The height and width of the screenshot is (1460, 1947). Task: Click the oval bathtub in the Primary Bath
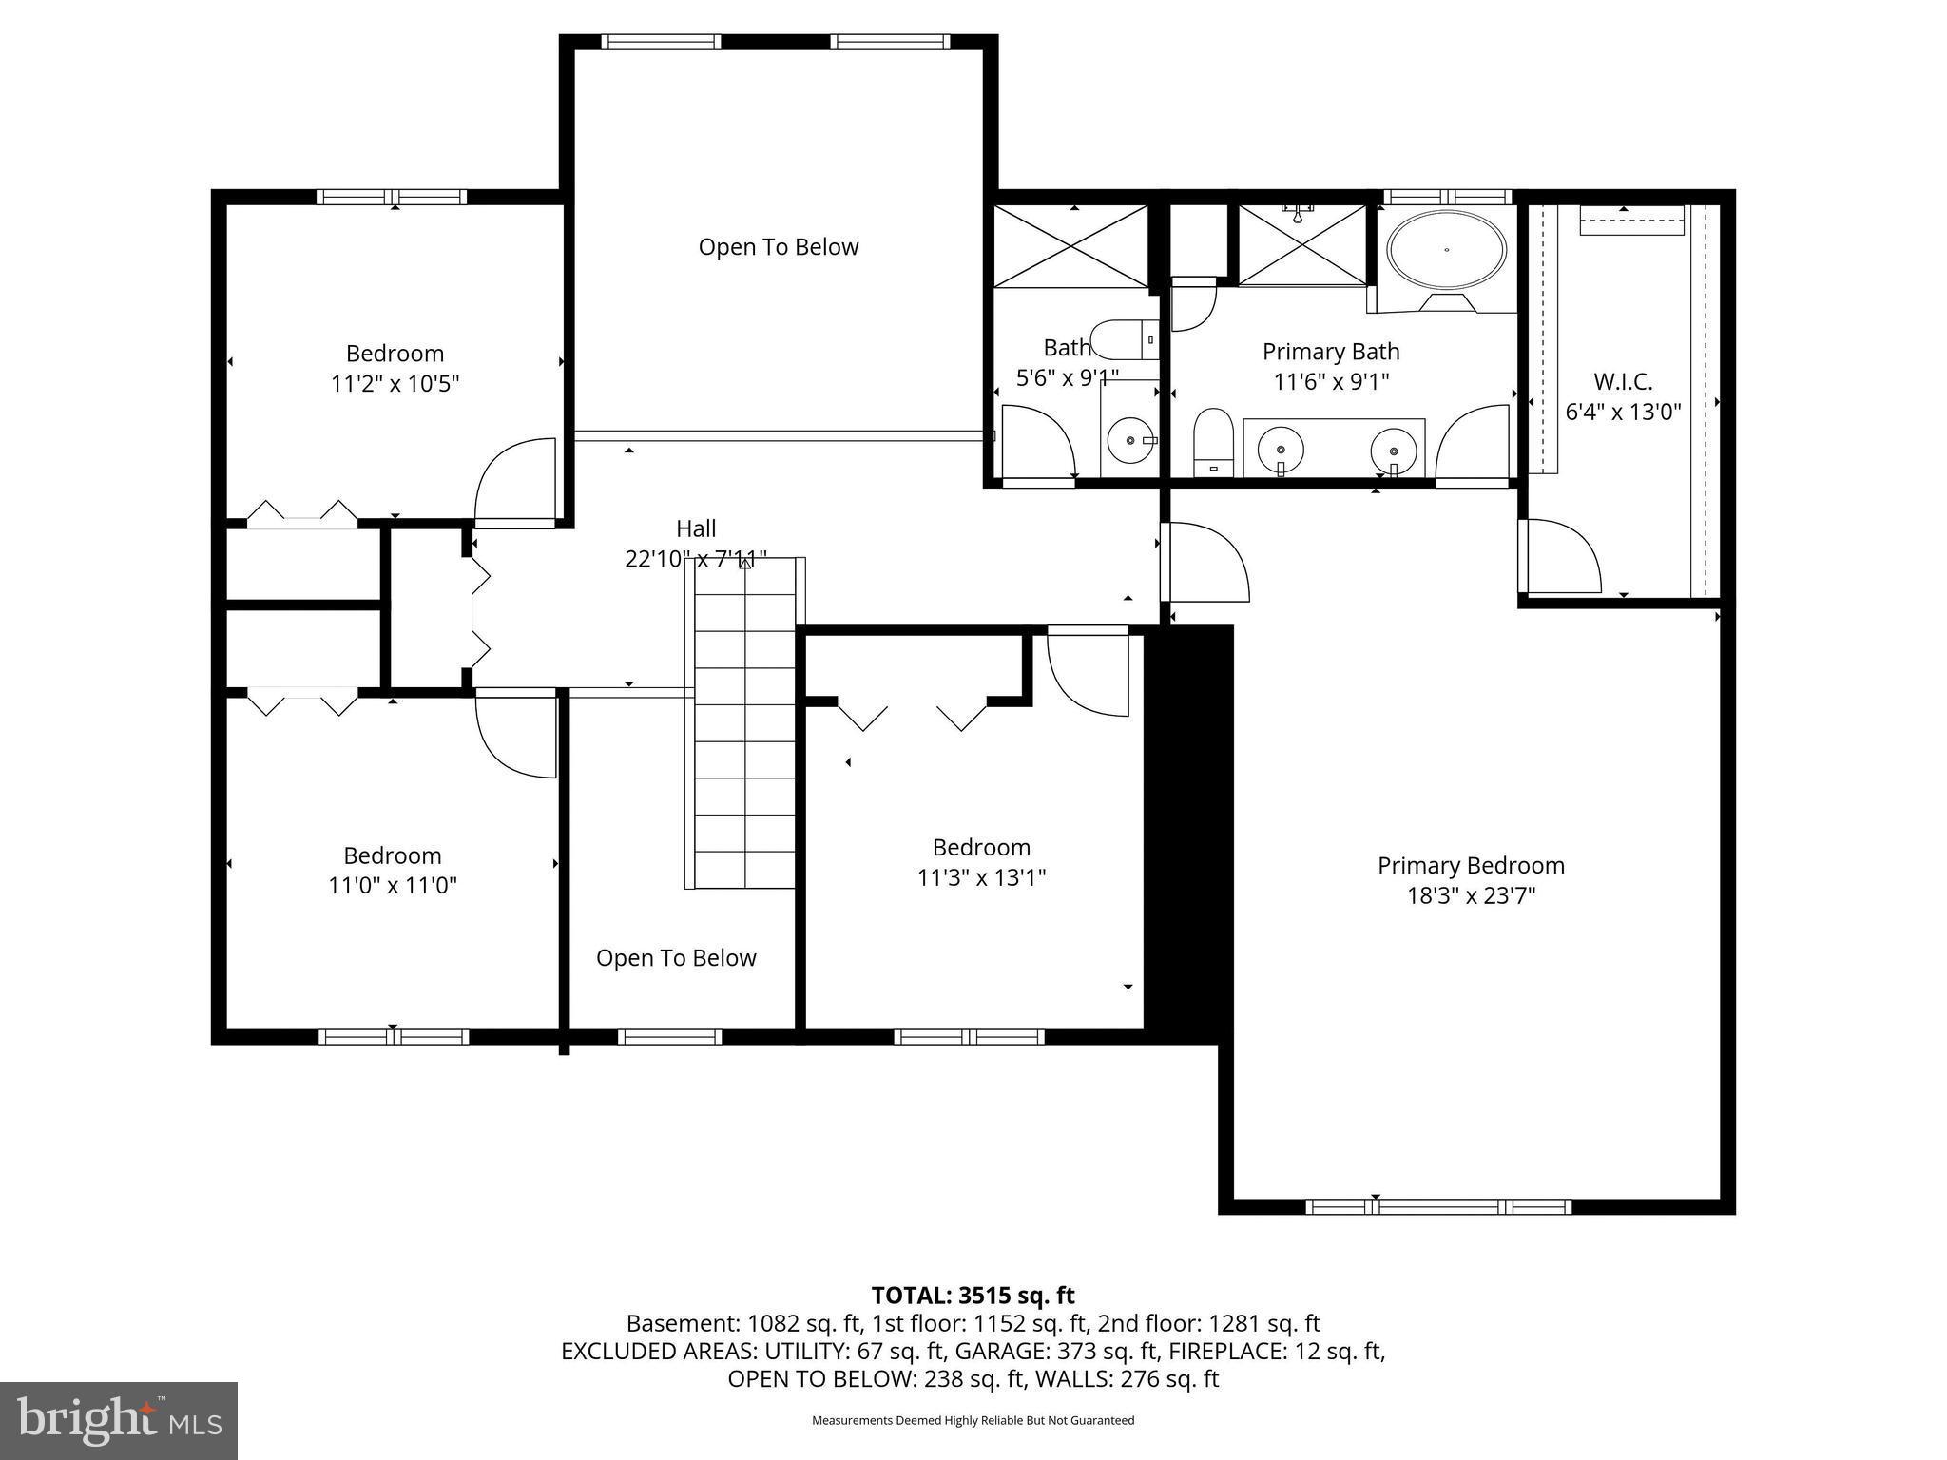(x=1446, y=250)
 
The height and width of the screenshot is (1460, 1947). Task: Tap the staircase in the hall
(x=744, y=722)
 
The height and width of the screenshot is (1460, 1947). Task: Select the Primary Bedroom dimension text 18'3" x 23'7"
(x=1471, y=896)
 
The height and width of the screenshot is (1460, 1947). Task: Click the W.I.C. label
(x=1623, y=382)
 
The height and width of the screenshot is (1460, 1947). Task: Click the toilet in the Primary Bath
(x=1213, y=441)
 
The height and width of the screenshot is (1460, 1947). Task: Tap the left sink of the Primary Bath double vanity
(x=1282, y=448)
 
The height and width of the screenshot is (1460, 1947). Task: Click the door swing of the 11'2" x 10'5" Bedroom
(x=515, y=480)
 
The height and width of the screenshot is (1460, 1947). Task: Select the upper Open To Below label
(x=778, y=247)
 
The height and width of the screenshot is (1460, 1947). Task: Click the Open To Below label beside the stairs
(x=676, y=958)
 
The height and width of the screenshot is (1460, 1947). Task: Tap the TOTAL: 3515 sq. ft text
(x=973, y=1296)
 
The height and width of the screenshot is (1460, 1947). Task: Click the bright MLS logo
(x=119, y=1421)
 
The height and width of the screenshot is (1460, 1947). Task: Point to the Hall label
(x=696, y=528)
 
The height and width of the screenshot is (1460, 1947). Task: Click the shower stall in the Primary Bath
(x=1301, y=245)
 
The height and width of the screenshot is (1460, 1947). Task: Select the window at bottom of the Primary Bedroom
(x=1436, y=1207)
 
